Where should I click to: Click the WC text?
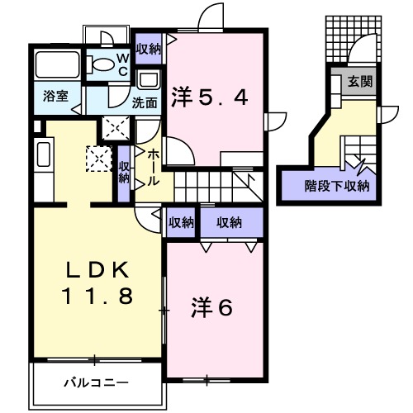click(x=121, y=64)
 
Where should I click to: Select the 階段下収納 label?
click(x=336, y=185)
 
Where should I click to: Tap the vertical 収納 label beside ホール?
click(x=124, y=172)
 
